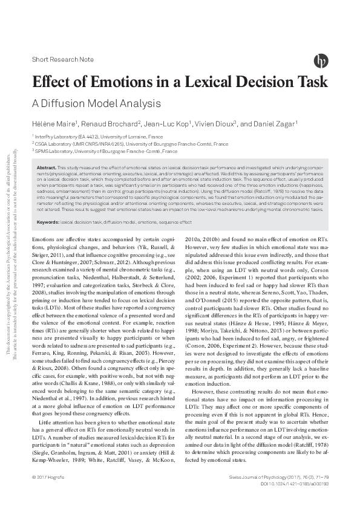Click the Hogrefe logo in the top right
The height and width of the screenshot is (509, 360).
(x=321, y=60)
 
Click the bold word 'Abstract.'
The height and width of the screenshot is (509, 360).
(x=47, y=167)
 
